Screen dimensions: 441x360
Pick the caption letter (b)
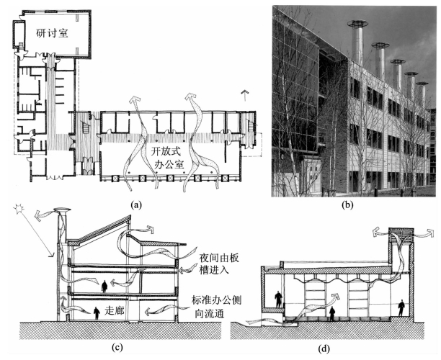[350, 204]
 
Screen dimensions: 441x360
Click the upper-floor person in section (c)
[106, 285]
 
